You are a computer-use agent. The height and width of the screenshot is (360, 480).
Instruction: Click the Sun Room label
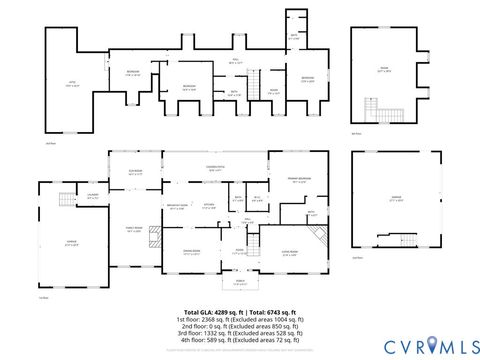(x=136, y=171)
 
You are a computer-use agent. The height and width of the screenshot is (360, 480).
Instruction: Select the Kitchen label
(x=210, y=207)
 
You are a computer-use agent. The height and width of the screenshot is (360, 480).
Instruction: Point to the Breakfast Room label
(x=179, y=207)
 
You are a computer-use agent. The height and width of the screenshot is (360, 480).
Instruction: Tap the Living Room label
(x=290, y=252)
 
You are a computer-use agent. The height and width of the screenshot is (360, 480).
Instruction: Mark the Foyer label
(x=240, y=252)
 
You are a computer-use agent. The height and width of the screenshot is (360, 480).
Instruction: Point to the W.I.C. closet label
(x=257, y=198)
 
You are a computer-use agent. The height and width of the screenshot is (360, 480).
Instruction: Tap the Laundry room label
(x=92, y=196)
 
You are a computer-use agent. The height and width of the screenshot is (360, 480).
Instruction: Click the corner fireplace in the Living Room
(x=319, y=238)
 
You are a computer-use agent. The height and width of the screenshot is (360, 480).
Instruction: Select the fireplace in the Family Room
(x=152, y=236)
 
